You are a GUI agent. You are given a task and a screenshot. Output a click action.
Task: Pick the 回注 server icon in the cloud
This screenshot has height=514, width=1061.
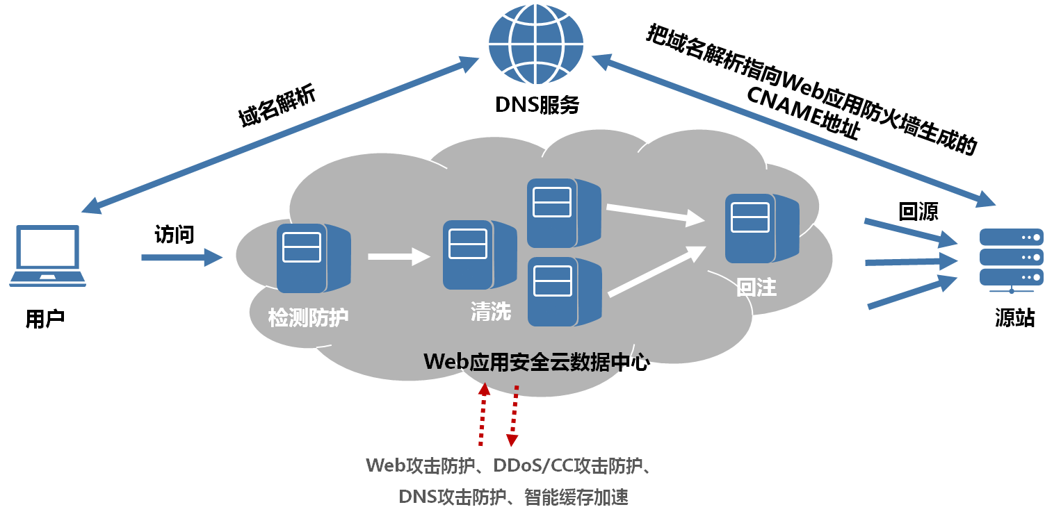(761, 229)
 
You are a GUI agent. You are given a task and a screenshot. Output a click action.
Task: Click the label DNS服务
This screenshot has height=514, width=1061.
(537, 105)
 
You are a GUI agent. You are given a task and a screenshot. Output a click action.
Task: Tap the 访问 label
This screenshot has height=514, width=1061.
(174, 235)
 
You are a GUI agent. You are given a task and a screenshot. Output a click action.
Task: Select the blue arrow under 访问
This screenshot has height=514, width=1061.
(181, 258)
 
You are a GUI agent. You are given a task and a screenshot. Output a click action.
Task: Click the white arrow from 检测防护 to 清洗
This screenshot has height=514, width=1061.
(399, 256)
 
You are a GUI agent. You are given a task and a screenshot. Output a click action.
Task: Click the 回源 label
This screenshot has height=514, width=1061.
(918, 211)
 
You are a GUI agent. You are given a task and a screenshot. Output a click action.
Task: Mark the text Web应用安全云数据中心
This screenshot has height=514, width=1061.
(536, 362)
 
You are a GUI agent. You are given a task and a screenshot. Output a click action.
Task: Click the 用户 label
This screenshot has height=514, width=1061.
(45, 319)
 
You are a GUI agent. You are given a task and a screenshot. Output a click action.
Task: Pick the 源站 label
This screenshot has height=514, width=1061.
(1014, 319)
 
